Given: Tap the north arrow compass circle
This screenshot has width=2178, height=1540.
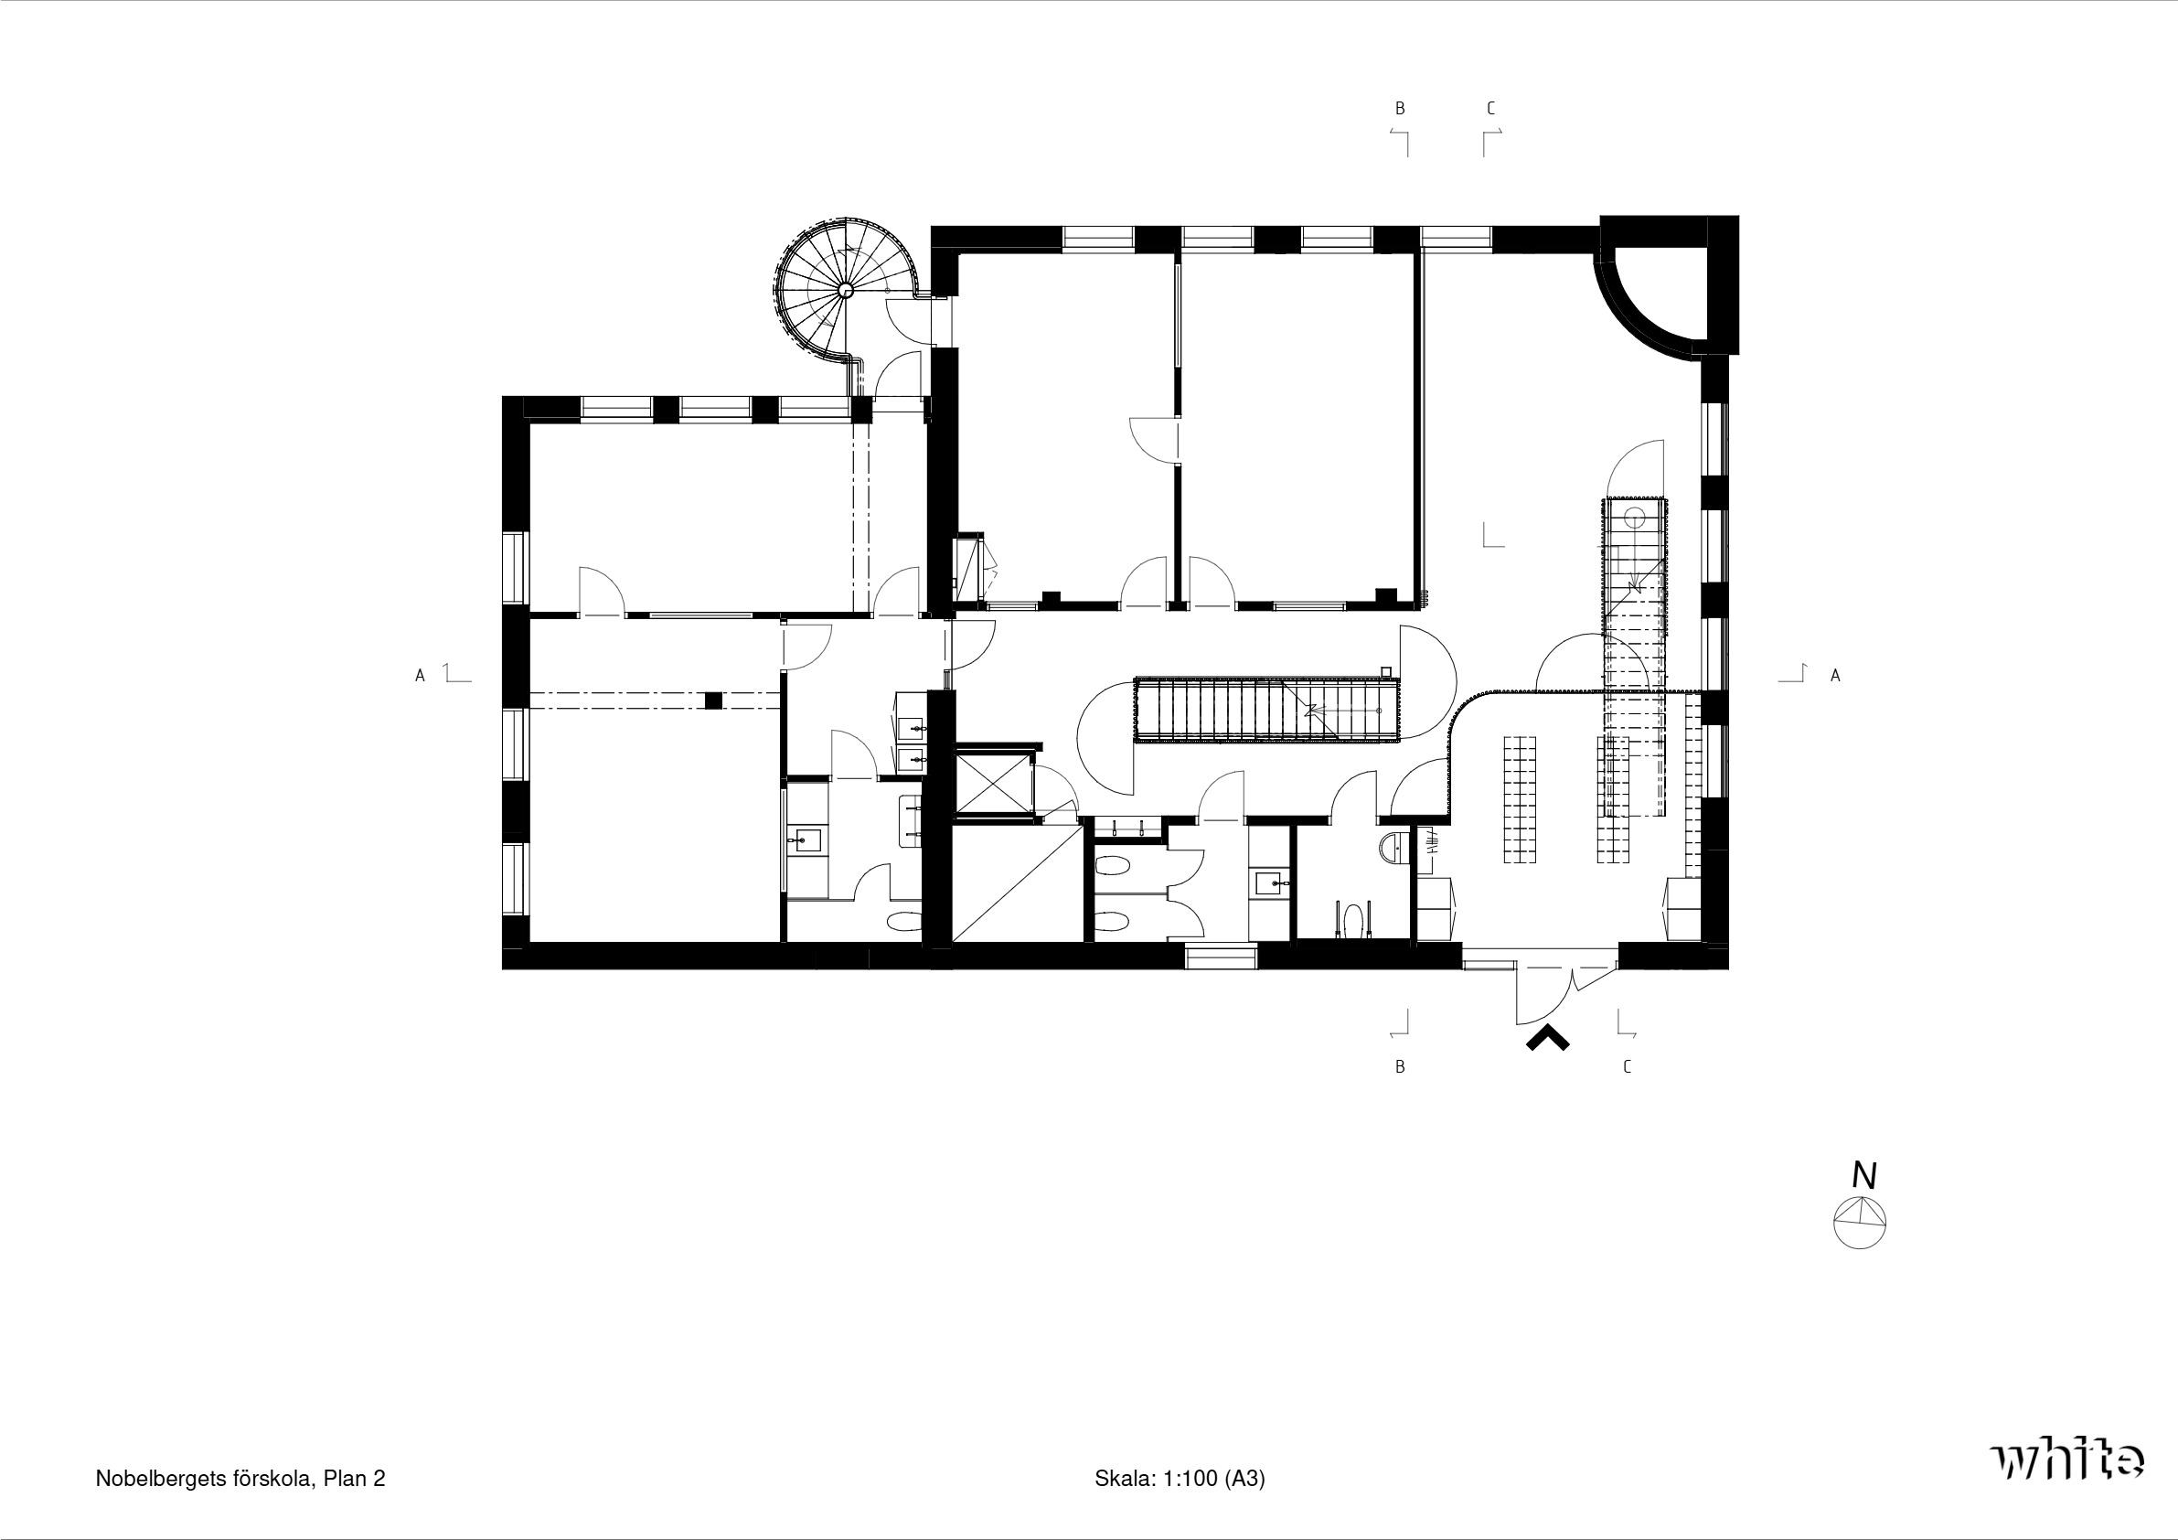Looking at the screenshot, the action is click(1859, 1223).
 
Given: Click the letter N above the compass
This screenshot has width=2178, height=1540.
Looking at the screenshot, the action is click(1864, 1176).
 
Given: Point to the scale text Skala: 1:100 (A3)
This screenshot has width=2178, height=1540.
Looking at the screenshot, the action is click(1180, 1479).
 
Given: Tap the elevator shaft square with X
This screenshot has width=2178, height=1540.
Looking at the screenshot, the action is click(991, 784).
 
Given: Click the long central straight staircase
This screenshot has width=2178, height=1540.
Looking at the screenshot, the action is click(1267, 710).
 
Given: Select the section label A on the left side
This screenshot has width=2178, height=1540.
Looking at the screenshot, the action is click(421, 676).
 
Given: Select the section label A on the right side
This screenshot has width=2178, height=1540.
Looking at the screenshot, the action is click(1835, 676).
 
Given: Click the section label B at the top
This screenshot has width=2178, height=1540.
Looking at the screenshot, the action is click(1400, 109).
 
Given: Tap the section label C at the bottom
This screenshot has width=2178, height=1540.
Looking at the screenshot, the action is click(1628, 1067).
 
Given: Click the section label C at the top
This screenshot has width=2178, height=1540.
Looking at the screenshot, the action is click(1491, 109).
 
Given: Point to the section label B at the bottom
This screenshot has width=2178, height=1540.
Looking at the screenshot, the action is click(1400, 1067).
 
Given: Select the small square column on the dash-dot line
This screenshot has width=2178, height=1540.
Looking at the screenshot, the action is click(714, 701).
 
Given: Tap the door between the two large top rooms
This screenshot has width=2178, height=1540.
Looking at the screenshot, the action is click(1156, 440).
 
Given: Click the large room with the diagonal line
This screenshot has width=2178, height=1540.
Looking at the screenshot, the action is click(1018, 883).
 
